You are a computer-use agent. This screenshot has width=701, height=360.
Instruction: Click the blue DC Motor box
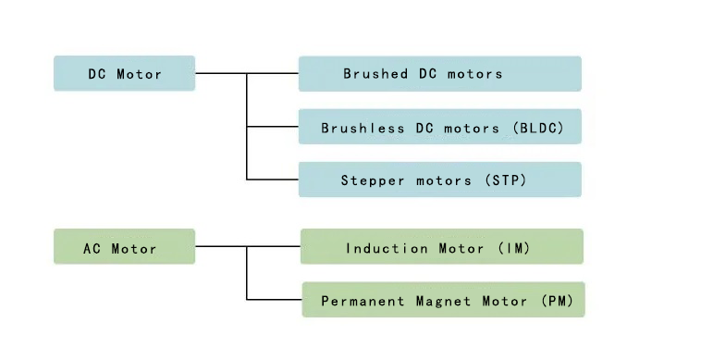(x=124, y=74)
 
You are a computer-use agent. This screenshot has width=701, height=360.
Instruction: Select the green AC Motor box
(x=124, y=247)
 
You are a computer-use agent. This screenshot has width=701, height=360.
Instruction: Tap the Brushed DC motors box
(x=439, y=74)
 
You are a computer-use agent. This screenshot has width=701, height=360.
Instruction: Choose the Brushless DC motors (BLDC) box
(x=439, y=127)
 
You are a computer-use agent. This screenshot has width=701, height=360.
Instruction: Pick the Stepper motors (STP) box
(x=439, y=180)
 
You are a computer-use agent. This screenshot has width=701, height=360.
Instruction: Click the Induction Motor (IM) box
(x=441, y=247)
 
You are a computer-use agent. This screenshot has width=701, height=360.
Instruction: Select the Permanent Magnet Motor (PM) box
(x=442, y=300)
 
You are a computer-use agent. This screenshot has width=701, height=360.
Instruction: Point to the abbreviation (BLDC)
(x=537, y=128)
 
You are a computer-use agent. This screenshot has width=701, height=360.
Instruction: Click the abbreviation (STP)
(x=505, y=180)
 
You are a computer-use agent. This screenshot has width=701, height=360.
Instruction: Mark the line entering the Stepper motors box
(x=273, y=180)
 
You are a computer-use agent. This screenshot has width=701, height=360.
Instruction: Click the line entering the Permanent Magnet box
(x=275, y=299)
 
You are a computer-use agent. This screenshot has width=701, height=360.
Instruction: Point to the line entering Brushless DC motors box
(x=273, y=127)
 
